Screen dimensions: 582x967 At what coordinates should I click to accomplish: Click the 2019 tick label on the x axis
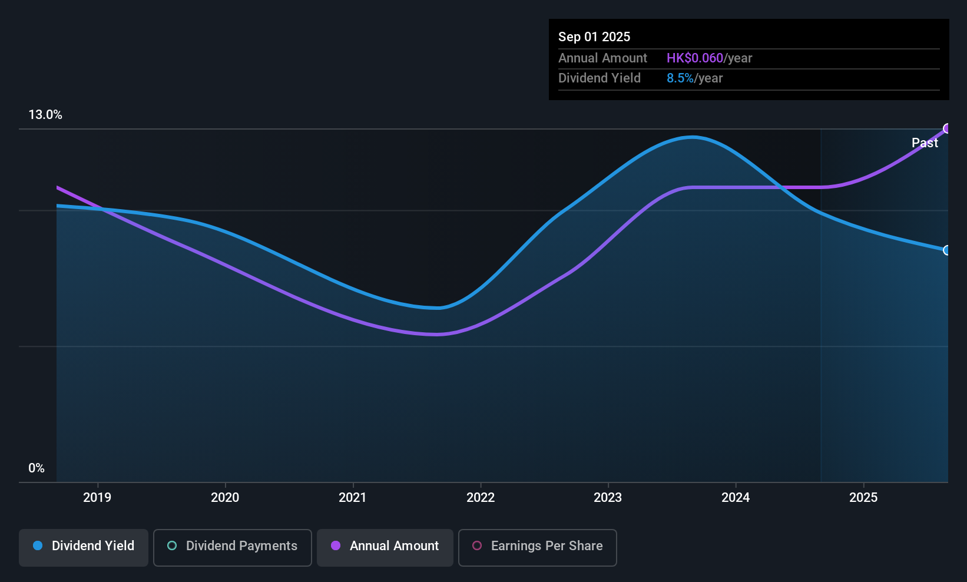click(97, 497)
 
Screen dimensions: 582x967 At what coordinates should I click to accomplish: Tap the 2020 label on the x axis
click(225, 497)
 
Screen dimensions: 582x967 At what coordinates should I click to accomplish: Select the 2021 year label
click(353, 497)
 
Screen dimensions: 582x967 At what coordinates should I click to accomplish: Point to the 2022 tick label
click(481, 497)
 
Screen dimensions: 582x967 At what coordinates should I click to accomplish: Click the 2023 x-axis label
click(608, 497)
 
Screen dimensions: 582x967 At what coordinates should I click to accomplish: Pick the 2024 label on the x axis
click(736, 497)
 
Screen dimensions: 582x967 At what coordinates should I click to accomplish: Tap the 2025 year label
click(863, 497)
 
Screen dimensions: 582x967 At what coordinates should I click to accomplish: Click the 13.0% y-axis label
click(45, 115)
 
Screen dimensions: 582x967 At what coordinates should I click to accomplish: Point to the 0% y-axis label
click(37, 468)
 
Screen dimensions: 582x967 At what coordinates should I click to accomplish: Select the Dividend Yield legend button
click(84, 546)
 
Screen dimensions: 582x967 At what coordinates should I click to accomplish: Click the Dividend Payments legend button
click(233, 546)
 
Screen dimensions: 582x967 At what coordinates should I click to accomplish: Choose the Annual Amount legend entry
click(385, 546)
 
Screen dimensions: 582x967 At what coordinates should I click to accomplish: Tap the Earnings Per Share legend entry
click(538, 546)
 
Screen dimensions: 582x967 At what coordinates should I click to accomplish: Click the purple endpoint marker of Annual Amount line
click(947, 128)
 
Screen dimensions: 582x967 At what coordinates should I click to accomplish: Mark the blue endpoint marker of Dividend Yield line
click(947, 250)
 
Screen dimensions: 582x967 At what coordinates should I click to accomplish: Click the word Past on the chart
click(925, 143)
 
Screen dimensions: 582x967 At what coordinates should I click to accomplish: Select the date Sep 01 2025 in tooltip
click(594, 37)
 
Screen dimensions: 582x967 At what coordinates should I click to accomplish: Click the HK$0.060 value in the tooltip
click(694, 58)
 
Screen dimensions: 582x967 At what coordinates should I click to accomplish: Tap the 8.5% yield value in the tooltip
click(680, 78)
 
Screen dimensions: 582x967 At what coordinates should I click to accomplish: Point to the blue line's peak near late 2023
click(693, 137)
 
